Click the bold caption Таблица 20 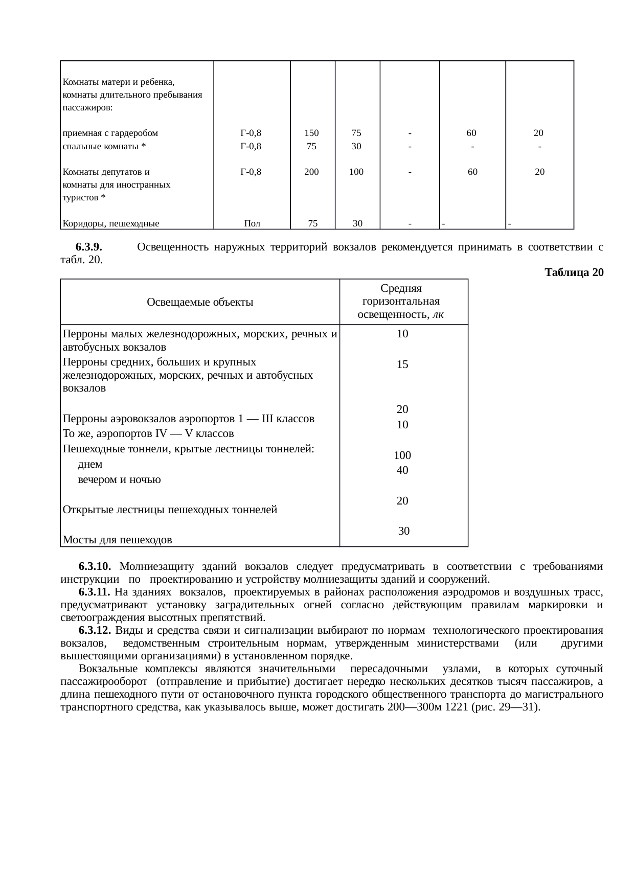574,272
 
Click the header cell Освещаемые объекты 200,302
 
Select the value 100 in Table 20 402,455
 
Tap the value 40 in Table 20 402,470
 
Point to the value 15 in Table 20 402,364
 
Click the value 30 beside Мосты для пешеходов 403,531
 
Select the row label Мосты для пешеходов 117,540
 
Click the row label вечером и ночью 119,479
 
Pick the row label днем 90,464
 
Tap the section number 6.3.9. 89,247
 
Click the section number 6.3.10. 95,566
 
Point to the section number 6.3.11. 95,592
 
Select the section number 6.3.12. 95,630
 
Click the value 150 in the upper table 311,133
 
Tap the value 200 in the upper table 311,172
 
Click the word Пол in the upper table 252,223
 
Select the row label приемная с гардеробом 110,133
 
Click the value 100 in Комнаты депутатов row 356,172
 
